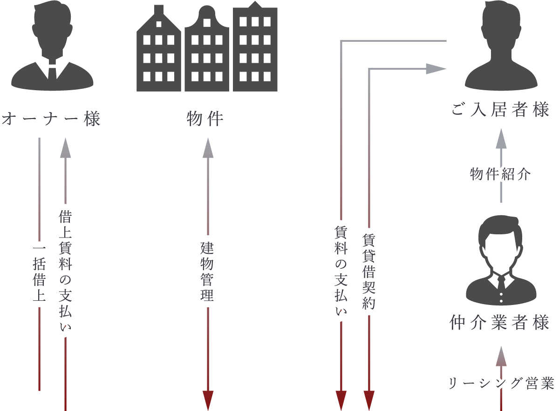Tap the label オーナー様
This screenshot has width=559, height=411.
(51, 119)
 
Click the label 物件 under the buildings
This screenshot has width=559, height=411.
(205, 119)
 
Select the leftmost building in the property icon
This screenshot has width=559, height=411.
(158, 51)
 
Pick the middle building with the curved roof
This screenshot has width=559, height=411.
(207, 51)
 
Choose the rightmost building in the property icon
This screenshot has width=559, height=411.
(255, 49)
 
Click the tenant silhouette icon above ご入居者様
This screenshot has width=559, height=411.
(501, 46)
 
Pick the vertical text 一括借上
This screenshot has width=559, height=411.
(39, 274)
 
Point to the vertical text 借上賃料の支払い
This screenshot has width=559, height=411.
(65, 272)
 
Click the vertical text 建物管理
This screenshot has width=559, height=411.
(207, 272)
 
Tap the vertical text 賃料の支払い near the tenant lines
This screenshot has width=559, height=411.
(341, 272)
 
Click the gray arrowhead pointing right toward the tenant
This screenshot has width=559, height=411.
(436, 69)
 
